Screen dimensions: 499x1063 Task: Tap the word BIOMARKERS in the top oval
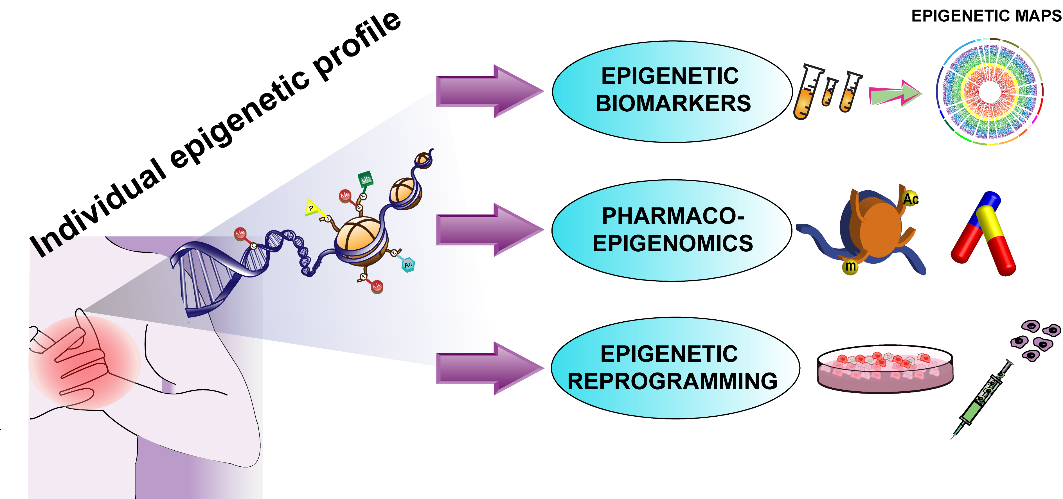click(673, 103)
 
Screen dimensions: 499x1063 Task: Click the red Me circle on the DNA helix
click(240, 233)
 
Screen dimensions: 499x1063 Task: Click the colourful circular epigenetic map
click(989, 92)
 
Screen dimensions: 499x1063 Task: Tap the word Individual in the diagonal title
click(99, 208)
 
